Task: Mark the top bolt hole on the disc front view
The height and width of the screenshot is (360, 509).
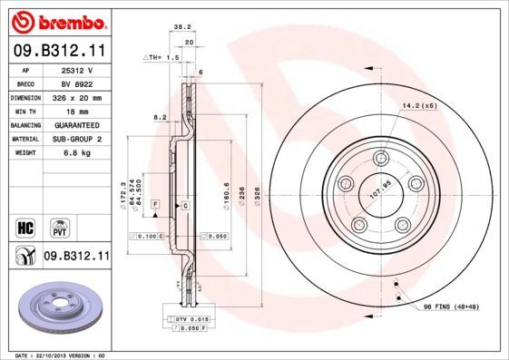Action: [380, 158]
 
